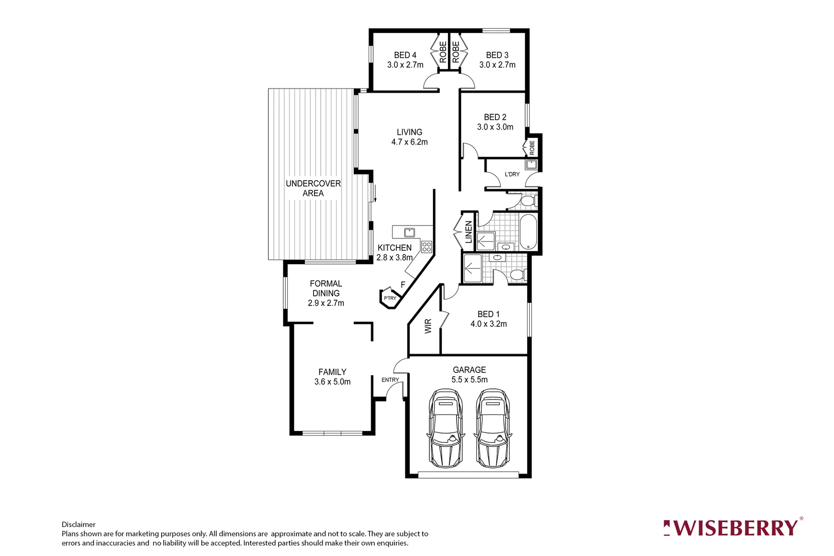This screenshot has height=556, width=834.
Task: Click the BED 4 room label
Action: (x=405, y=55)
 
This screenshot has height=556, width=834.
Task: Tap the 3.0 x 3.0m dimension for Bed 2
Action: (x=495, y=127)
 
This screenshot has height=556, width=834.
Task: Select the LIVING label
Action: (x=409, y=132)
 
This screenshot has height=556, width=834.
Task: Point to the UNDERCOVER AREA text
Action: (x=313, y=188)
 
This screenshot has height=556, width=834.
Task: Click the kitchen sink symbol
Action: (x=410, y=232)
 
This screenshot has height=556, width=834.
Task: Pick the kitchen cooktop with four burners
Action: (x=426, y=247)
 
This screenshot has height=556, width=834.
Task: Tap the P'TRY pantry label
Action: (x=390, y=298)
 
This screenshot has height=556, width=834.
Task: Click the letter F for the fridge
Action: (x=403, y=285)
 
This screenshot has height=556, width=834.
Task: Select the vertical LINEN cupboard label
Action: (x=468, y=232)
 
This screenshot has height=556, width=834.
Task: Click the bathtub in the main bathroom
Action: (x=528, y=232)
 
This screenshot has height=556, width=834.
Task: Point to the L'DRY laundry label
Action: (x=512, y=175)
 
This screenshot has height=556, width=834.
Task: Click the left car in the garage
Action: (x=446, y=428)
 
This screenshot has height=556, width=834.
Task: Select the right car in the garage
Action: (x=493, y=428)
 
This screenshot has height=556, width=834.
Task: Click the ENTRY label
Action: (x=390, y=380)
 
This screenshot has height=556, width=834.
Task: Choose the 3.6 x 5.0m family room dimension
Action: (x=333, y=382)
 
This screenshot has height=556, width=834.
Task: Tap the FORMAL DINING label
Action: (x=326, y=288)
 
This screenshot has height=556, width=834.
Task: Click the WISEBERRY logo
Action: (x=733, y=528)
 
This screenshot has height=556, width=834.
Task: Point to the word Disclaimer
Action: (x=79, y=525)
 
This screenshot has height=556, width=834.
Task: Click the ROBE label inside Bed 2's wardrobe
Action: (x=532, y=148)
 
